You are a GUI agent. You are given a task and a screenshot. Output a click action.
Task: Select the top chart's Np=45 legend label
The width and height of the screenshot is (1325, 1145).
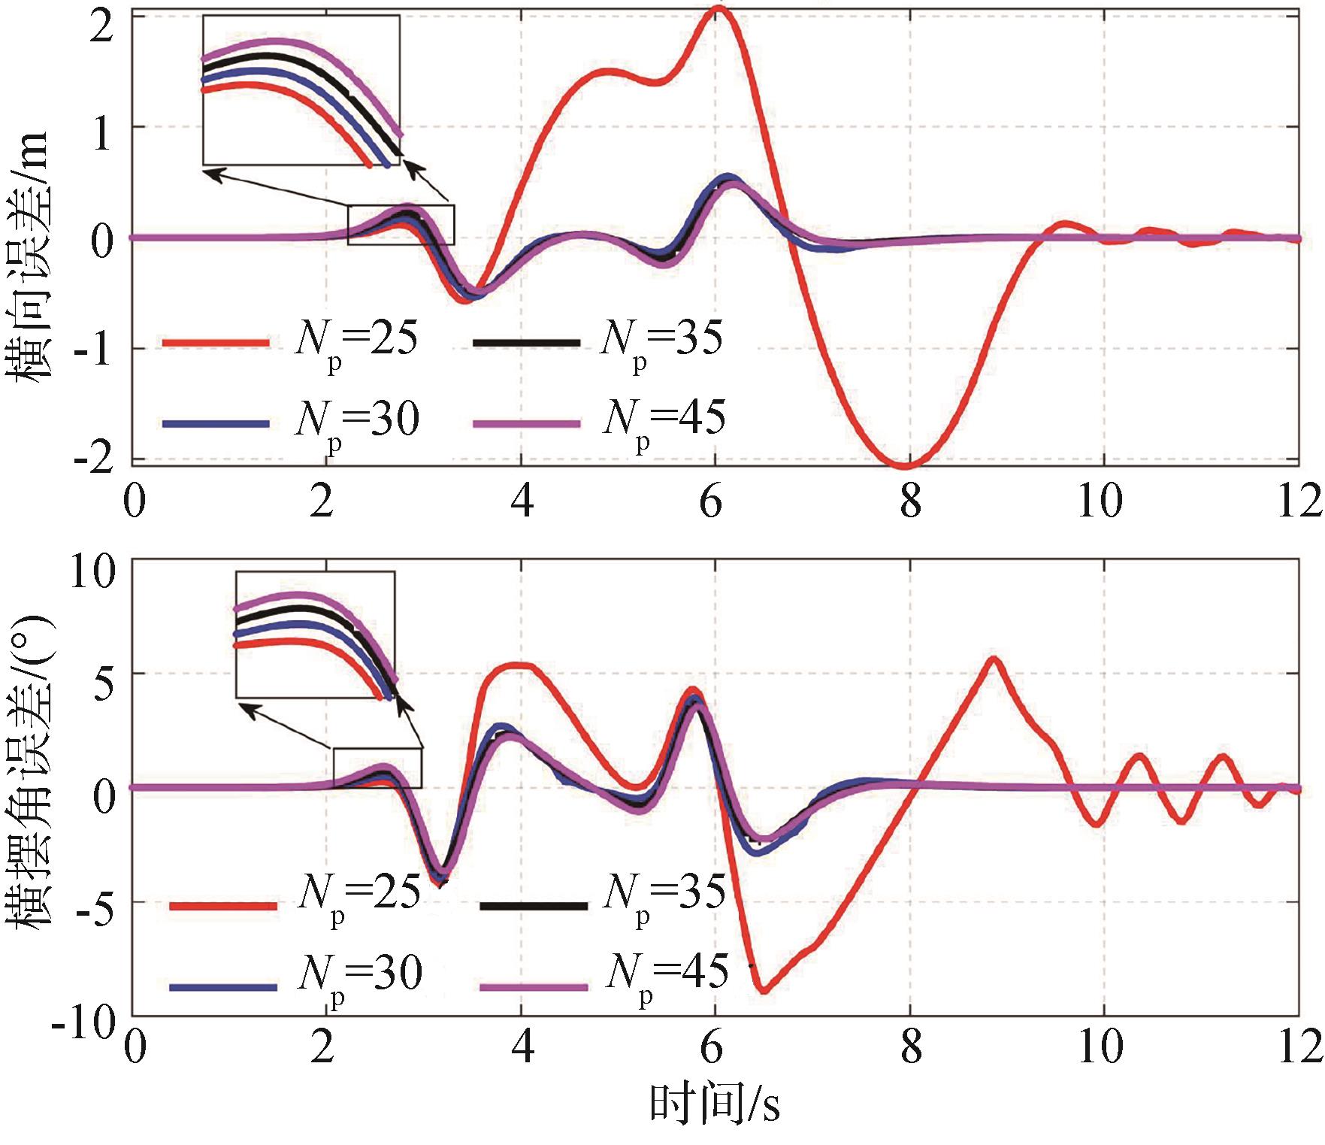tap(664, 419)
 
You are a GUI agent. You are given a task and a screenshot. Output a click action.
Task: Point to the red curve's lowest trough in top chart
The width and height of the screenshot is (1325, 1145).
tap(907, 465)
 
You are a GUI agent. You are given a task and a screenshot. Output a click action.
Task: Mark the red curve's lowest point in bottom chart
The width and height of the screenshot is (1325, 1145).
tap(764, 990)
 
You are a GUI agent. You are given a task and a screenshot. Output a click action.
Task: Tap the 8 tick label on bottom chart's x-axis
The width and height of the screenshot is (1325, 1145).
tap(910, 1047)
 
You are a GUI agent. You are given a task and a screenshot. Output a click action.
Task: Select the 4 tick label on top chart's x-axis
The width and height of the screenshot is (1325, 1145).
tap(522, 500)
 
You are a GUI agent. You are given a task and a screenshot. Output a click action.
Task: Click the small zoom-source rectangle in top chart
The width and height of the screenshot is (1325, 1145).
tap(401, 224)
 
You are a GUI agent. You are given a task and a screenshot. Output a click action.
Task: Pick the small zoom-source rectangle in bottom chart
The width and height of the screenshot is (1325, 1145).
tap(377, 768)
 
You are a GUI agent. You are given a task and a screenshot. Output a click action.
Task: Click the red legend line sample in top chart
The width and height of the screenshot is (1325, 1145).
tap(216, 343)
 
